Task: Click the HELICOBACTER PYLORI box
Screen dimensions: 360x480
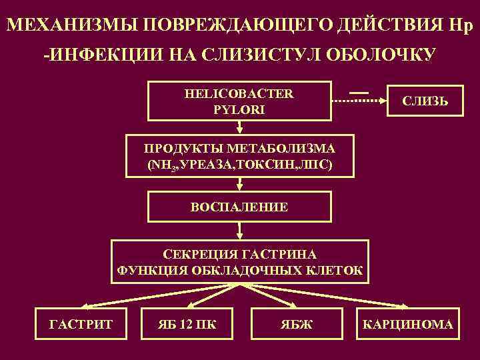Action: coord(239,101)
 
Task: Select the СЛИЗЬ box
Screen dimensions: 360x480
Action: coord(425,101)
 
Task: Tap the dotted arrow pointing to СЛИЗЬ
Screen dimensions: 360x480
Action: coord(360,101)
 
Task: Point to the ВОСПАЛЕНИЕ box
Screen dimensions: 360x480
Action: coord(239,207)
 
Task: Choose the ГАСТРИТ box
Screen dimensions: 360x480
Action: coord(81,325)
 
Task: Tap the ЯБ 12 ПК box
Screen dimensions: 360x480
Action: coord(186,325)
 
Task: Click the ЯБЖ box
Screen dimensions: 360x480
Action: coord(291,325)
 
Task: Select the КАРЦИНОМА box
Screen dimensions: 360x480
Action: coord(407,325)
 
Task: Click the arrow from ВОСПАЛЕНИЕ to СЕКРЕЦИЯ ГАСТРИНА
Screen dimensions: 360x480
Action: coord(239,231)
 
